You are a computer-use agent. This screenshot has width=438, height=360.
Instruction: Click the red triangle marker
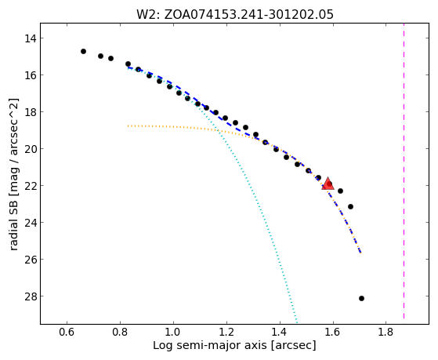click(x=328, y=184)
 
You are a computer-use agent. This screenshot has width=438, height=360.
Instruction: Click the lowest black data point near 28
click(x=361, y=299)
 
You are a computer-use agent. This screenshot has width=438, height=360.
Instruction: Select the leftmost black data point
click(x=83, y=52)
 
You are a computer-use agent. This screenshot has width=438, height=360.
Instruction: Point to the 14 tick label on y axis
click(x=30, y=38)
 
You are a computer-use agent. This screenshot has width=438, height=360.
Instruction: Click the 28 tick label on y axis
click(x=30, y=296)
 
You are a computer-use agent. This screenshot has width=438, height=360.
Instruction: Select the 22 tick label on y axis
click(x=30, y=186)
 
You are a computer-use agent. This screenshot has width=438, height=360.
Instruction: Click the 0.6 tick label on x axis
click(x=67, y=332)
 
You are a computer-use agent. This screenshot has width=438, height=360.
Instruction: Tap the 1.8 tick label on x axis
click(x=386, y=332)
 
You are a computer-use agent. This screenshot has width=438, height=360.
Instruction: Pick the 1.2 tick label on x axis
click(x=226, y=332)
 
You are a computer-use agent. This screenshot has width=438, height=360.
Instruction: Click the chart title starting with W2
click(x=235, y=14)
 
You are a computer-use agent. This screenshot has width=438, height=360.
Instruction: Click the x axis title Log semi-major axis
click(x=234, y=345)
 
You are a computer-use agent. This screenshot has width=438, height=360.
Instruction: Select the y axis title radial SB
click(x=13, y=174)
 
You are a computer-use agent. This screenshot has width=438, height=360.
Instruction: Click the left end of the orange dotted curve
click(x=129, y=125)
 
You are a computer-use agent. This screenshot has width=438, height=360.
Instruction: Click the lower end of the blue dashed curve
click(x=360, y=253)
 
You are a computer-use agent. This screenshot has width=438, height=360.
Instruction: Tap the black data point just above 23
click(x=350, y=207)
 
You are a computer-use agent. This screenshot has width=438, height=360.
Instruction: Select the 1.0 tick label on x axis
click(x=173, y=332)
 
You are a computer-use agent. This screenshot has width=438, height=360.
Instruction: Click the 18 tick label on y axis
click(x=30, y=112)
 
